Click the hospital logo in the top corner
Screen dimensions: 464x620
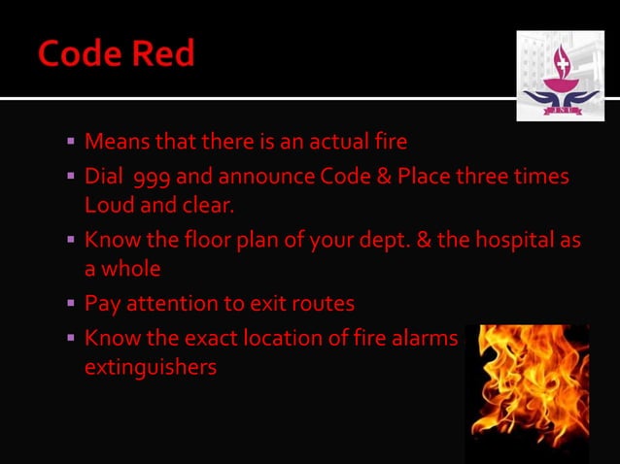(559, 76)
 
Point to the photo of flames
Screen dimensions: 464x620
(527, 392)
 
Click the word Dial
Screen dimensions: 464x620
(105, 179)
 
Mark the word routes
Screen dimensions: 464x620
(323, 304)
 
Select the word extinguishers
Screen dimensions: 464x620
(150, 368)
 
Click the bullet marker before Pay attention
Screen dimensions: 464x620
(71, 304)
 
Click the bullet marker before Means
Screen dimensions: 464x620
(71, 142)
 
